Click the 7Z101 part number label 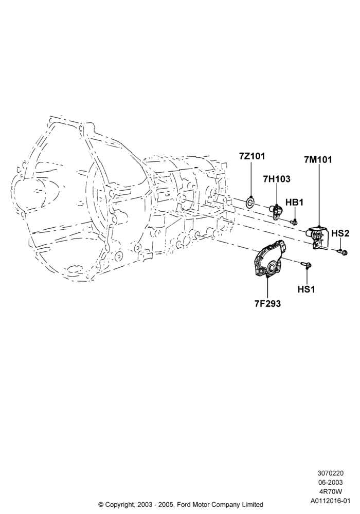[251, 156]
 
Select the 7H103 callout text [276, 179]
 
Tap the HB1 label [294, 202]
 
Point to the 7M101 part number [318, 160]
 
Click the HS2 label [340, 233]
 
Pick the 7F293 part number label [267, 304]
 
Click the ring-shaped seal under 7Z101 [250, 202]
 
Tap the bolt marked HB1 [294, 223]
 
